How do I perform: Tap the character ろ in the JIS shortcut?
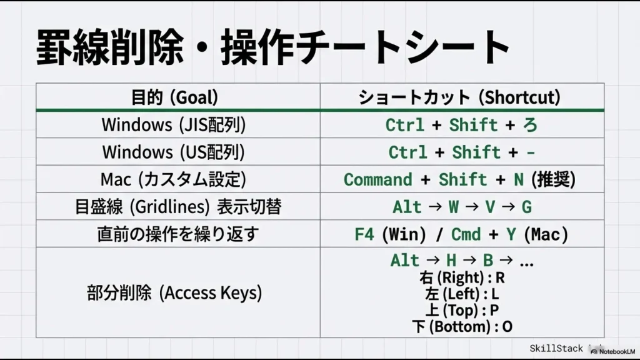(530, 125)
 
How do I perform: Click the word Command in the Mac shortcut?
(378, 180)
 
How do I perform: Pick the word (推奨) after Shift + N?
(553, 180)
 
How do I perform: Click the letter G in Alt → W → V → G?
(526, 207)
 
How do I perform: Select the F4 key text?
(364, 234)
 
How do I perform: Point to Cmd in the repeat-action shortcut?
(466, 234)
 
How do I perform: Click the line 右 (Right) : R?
(462, 277)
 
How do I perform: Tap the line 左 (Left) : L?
(462, 294)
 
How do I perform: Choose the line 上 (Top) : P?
(462, 310)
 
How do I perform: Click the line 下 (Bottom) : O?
(462, 326)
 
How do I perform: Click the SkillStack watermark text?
(556, 349)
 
